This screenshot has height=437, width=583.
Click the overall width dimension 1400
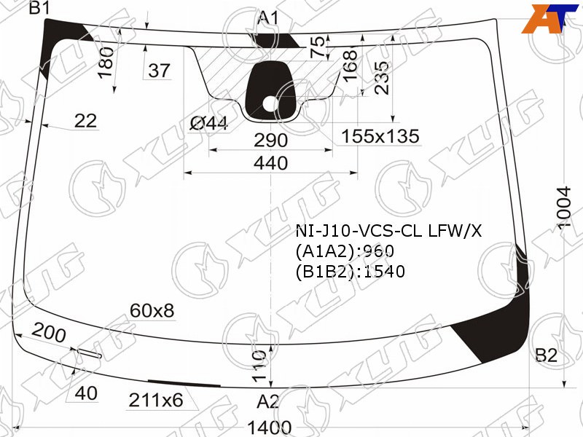269,428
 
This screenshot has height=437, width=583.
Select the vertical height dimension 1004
563,208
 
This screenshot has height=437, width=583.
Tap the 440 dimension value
270,163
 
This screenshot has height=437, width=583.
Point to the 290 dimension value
270,141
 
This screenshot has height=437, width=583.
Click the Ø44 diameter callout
208,123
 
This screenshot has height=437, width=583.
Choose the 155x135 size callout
380,136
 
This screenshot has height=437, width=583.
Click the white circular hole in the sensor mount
270,103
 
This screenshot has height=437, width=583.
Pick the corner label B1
39,8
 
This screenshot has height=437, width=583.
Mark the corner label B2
546,355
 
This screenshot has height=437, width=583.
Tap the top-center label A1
267,17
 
